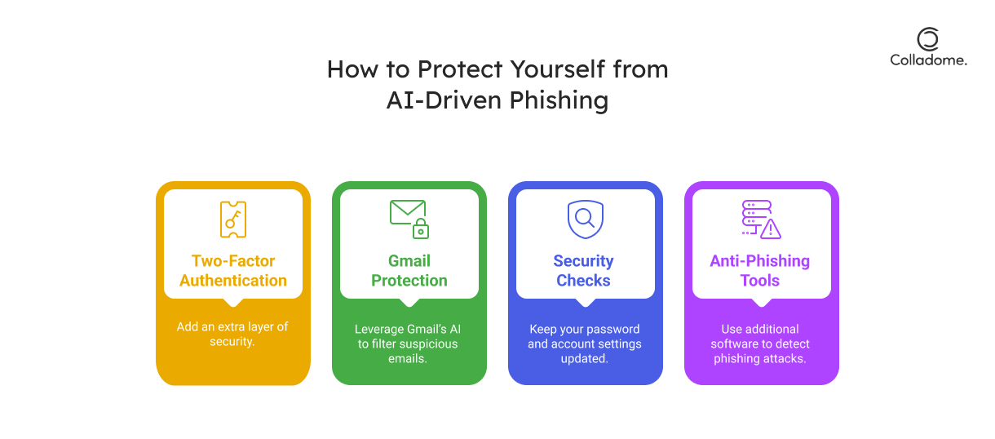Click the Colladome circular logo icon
[x=927, y=38]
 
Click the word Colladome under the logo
[x=928, y=60]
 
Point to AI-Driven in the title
[x=444, y=100]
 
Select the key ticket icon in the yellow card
[x=233, y=219]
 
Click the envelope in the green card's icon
[x=408, y=212]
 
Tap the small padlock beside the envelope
[x=421, y=228]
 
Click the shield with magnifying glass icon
[x=586, y=219]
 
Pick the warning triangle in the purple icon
[x=771, y=228]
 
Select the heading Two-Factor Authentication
[x=233, y=271]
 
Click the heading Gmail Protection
[x=409, y=271]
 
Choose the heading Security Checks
[x=584, y=271]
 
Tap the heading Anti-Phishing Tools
[x=760, y=271]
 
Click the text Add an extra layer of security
[x=232, y=334]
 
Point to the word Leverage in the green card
[x=379, y=330]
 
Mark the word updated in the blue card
[x=584, y=358]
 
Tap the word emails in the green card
[x=407, y=358]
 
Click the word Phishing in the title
[x=559, y=100]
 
